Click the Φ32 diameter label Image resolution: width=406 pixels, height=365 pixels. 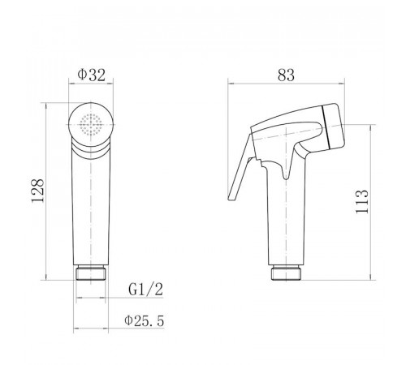tap(91, 75)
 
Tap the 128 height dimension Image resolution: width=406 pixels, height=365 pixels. tap(37, 191)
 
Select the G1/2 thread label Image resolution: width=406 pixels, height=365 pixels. tap(145, 290)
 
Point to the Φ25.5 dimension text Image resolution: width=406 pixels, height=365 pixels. tap(145, 321)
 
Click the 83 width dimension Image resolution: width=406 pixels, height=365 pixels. tap(286, 75)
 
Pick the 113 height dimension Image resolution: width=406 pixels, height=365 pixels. tap(362, 201)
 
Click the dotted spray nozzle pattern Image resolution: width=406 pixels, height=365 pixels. tap(91, 124)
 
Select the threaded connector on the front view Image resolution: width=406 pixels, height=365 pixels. tap(91, 273)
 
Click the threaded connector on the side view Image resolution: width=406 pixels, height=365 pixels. tap(287, 273)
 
